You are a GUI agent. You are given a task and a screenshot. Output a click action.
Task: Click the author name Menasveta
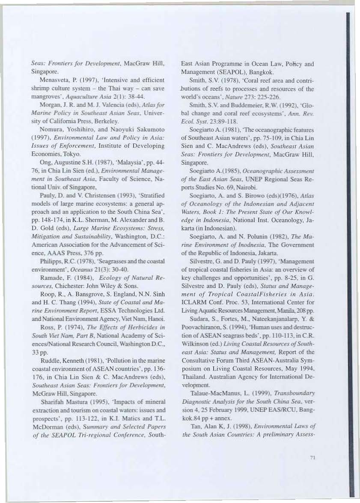point(66,80)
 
